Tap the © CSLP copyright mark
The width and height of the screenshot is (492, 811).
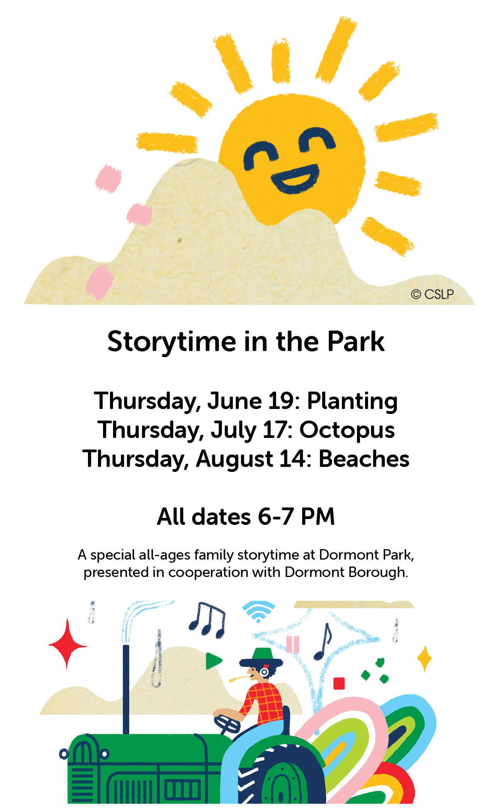[432, 294]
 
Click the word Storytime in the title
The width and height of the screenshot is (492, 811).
[172, 342]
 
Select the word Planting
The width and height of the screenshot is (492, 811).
[352, 402]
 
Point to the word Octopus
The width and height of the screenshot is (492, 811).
[347, 431]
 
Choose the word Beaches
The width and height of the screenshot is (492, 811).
[364, 459]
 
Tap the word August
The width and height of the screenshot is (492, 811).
[235, 460]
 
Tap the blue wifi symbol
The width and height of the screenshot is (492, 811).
[259, 611]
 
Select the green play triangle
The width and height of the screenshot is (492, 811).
[213, 661]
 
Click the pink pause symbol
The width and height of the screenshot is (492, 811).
[293, 644]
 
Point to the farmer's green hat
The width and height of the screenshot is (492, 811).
[261, 658]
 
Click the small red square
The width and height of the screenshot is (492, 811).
[339, 683]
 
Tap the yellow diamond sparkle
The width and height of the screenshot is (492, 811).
[425, 658]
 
